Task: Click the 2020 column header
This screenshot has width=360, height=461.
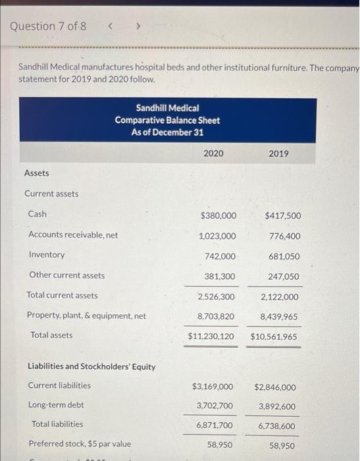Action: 213,153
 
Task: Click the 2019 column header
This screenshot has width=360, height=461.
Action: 278,153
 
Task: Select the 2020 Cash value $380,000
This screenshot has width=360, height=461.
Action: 217,215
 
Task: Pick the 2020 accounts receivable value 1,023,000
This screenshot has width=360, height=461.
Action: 217,236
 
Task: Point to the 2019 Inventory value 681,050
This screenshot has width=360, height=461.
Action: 284,256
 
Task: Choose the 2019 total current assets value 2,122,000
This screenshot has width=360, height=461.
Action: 279,297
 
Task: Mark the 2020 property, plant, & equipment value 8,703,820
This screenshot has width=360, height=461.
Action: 216,317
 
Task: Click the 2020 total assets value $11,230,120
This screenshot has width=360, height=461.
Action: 211,337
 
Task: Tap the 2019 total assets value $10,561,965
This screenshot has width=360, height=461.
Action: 274,337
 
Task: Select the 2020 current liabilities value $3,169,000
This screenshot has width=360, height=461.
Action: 212,387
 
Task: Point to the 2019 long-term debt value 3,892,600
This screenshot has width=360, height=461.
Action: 277,406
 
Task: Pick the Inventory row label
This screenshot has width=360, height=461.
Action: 47,255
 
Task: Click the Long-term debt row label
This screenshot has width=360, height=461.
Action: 56,405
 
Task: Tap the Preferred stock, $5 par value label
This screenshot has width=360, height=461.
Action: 80,444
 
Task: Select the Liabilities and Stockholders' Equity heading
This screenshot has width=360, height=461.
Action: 91,367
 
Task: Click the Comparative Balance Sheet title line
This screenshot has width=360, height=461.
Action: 167,120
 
